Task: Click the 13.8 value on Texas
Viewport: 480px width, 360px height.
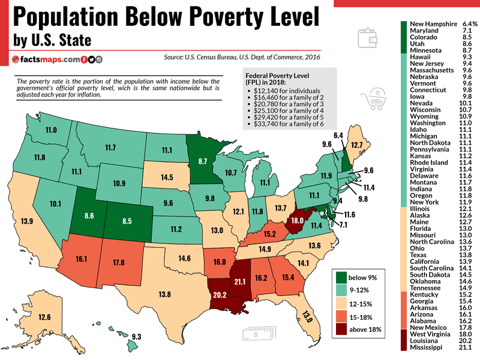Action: pyautogui.click(x=164, y=294)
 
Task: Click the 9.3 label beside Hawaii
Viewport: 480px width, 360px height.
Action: pyautogui.click(x=136, y=337)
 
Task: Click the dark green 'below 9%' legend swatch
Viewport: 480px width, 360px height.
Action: pyautogui.click(x=341, y=277)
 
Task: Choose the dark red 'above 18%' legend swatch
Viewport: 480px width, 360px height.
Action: pyautogui.click(x=341, y=329)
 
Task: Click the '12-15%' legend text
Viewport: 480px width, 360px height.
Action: pyautogui.click(x=364, y=304)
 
